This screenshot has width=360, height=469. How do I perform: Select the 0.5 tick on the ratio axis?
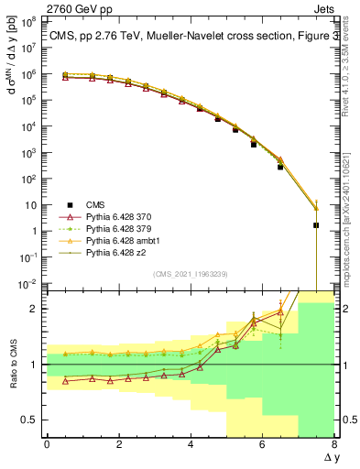click(30, 420)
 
